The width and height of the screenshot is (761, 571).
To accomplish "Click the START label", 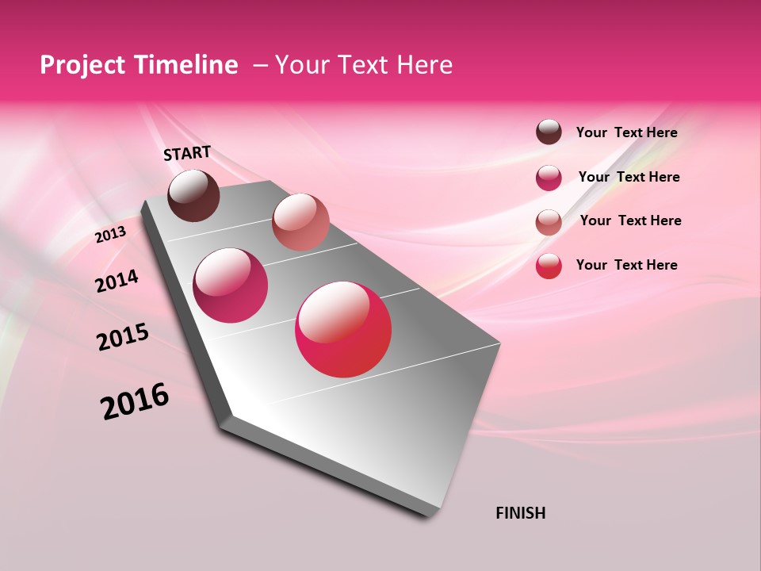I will (187, 153).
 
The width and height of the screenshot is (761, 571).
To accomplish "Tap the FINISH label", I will (520, 513).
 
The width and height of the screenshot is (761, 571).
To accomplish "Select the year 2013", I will (110, 235).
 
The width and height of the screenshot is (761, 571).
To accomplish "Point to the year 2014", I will (117, 282).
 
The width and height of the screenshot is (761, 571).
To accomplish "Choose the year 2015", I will (123, 337).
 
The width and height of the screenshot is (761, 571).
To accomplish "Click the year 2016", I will (135, 401).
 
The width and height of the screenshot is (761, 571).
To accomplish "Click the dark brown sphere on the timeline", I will (193, 195).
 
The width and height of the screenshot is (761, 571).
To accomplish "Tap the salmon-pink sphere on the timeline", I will (300, 222).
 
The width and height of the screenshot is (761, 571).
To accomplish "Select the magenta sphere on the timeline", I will (231, 285).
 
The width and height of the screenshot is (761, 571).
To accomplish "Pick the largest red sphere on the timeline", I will (343, 329).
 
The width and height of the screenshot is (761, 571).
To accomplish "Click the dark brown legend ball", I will (549, 132).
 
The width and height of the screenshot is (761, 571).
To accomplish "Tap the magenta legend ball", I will (549, 178).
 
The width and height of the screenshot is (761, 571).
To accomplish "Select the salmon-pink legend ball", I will (549, 221).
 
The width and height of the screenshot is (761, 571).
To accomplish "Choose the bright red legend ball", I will (549, 266).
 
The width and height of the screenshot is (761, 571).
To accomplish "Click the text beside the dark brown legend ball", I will (626, 132).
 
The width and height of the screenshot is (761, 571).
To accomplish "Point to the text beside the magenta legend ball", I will (629, 177).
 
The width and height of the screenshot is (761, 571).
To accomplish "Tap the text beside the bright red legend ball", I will (626, 265).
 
